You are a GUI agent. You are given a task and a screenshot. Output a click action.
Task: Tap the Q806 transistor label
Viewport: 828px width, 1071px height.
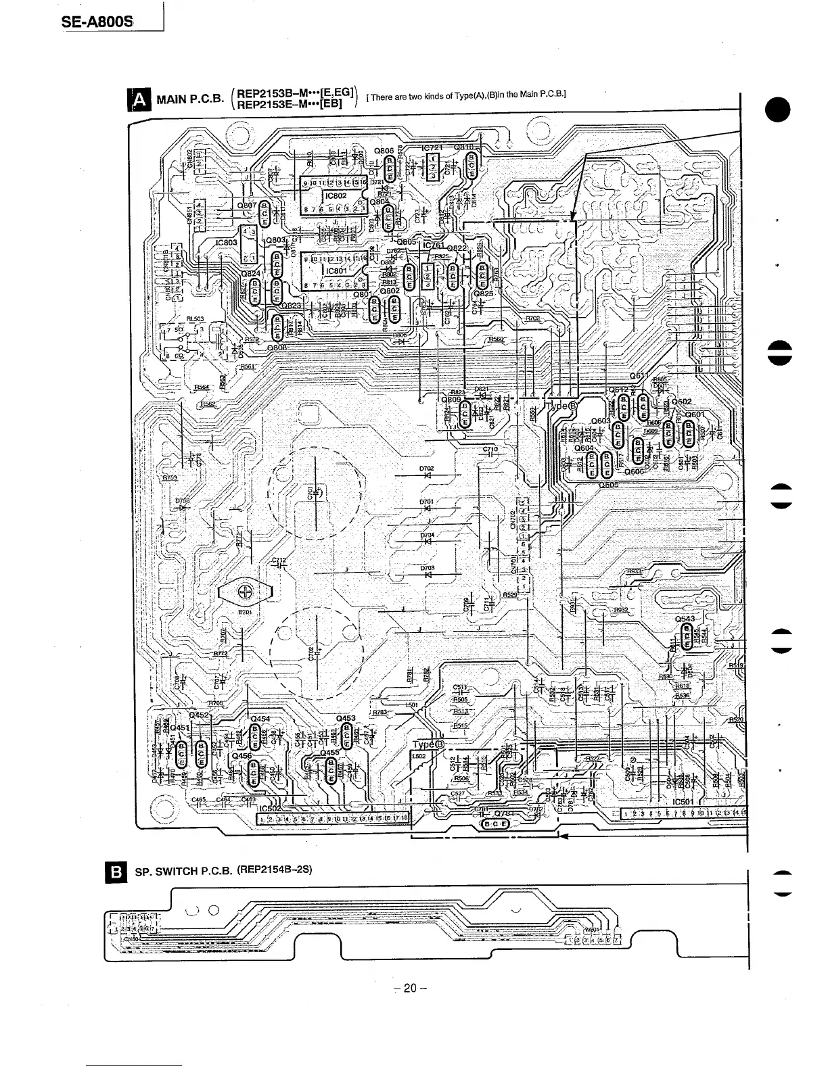pos(384,150)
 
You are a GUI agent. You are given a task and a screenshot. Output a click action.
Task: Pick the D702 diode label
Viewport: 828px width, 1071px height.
pos(426,468)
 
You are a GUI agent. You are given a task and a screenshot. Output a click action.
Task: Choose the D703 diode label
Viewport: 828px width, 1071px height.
pos(426,568)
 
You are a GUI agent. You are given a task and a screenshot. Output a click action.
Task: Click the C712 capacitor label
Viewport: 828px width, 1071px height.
pos(279,560)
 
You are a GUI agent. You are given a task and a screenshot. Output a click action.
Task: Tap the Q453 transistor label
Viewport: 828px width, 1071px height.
pos(345,718)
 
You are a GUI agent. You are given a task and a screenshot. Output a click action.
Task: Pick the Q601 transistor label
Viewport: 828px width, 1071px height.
pos(695,414)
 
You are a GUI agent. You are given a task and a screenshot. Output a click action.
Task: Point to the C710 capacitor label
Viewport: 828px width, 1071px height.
pos(490,450)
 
